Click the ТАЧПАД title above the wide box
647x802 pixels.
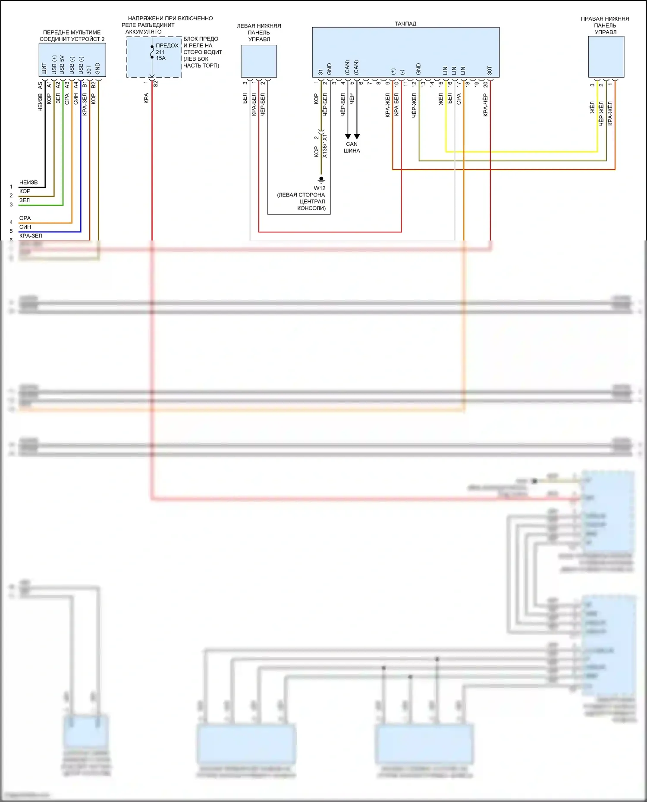(405, 24)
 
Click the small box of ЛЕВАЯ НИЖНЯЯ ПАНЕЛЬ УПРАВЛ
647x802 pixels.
(259, 61)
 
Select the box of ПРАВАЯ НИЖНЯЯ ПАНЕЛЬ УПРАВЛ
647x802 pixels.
(606, 56)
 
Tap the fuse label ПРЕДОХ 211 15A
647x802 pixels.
(166, 52)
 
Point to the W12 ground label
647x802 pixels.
(320, 188)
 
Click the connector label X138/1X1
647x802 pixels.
(325, 146)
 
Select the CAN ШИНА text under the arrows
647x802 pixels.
(352, 147)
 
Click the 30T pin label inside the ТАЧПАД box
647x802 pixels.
(490, 70)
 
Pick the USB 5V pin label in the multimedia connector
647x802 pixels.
(63, 65)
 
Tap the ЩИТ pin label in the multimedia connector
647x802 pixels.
(44, 69)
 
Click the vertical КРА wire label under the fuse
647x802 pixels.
(147, 98)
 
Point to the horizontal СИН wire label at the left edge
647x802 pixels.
(25, 227)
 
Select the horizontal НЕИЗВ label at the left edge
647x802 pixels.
(28, 182)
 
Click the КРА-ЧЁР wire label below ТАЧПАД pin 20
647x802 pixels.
(486, 105)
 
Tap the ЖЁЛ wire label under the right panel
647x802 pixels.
(592, 108)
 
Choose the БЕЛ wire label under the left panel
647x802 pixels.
(245, 98)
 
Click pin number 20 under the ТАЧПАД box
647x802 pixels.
(486, 85)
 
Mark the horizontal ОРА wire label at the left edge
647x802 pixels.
(25, 218)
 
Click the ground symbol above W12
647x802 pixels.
(321, 179)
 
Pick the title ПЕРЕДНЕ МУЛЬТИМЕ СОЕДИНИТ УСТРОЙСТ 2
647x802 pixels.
(72, 36)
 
